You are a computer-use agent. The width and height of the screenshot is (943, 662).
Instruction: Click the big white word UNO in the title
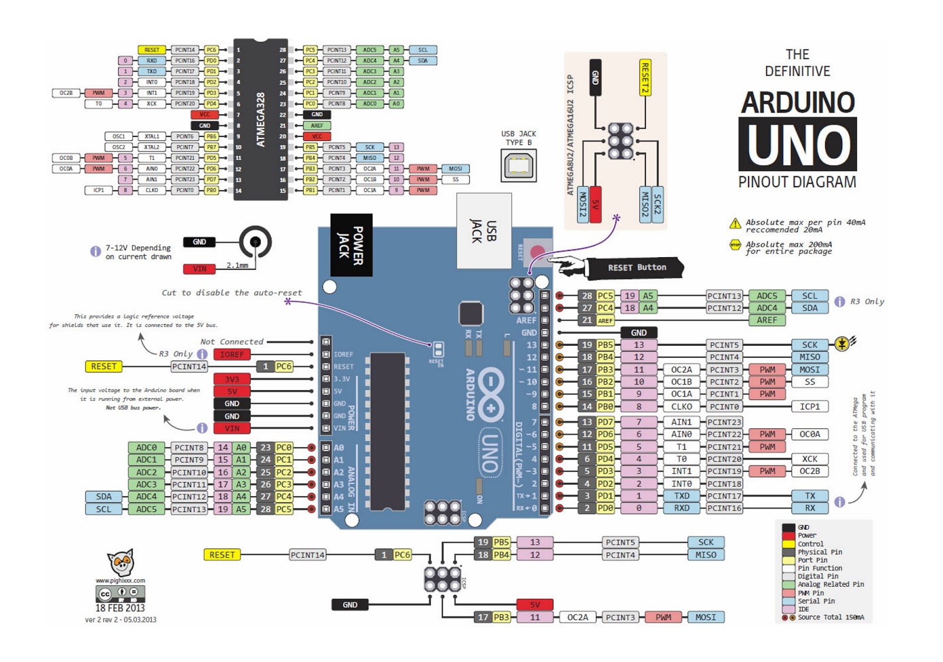(x=797, y=145)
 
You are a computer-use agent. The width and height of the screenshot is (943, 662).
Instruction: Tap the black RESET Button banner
(x=637, y=268)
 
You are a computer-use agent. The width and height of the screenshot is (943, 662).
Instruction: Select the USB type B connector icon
(x=519, y=165)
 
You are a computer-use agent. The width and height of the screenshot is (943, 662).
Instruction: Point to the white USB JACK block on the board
(x=484, y=231)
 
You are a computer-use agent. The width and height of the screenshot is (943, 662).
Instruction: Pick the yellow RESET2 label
(x=645, y=77)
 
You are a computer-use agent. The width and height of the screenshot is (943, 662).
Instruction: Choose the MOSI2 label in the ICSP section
(x=583, y=204)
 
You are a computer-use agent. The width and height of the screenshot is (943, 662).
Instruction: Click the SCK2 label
(x=658, y=204)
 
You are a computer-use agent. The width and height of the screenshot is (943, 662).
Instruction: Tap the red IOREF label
(x=232, y=355)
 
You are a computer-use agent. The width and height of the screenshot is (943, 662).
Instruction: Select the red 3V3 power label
(x=232, y=379)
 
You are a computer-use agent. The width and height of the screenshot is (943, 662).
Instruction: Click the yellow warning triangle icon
(x=735, y=224)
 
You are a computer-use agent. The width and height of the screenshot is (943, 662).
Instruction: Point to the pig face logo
(x=121, y=563)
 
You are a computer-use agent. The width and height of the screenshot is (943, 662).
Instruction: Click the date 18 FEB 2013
(x=120, y=608)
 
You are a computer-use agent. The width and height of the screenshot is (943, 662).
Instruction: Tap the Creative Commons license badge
(x=120, y=593)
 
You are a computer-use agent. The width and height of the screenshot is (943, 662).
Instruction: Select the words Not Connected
(x=232, y=342)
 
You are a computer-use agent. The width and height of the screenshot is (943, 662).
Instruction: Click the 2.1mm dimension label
(x=237, y=266)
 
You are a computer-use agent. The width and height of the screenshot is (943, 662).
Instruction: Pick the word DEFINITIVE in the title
(x=797, y=71)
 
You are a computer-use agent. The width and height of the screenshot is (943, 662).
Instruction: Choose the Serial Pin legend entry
(x=816, y=601)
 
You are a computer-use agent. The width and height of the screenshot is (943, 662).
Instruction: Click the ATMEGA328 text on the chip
(x=261, y=120)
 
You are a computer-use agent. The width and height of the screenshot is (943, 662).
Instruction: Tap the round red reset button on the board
(x=537, y=253)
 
